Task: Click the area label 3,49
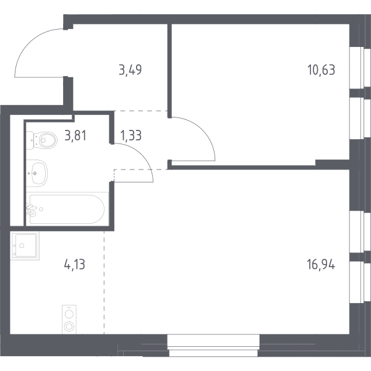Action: pos(130,70)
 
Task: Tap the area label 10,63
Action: pos(321,70)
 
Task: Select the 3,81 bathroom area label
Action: pos(75,136)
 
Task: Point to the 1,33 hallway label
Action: pos(131,136)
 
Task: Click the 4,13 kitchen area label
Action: pos(75,265)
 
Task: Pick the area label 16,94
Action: pos(321,265)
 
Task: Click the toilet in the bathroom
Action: pos(41,140)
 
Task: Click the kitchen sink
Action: pos(25,246)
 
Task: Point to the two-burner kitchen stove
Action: pos(69,320)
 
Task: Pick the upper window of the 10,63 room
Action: pos(360,67)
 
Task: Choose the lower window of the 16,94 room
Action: pos(360,282)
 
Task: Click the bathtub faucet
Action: pos(32,210)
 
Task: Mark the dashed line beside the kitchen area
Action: pos(104,283)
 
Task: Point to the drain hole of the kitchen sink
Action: pos(22,245)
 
